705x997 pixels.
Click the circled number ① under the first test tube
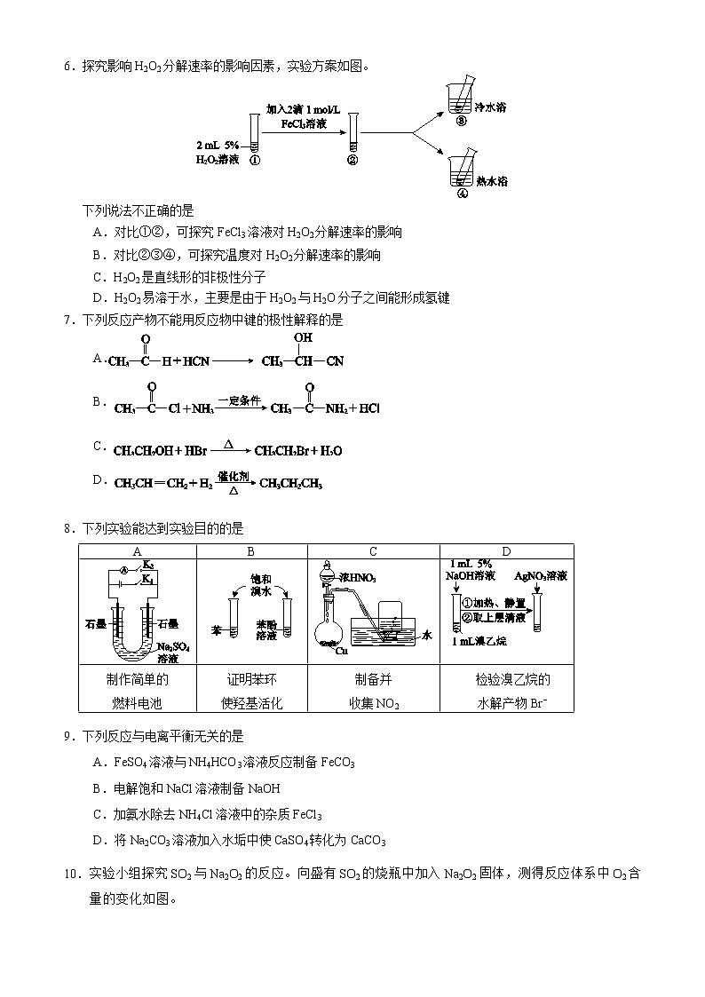tap(255, 161)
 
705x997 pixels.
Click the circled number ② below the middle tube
tap(352, 161)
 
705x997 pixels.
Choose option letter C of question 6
tap(98, 277)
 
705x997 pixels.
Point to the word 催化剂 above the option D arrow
tap(233, 476)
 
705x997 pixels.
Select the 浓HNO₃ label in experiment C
tap(359, 578)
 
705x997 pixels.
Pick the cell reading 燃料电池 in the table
tap(137, 702)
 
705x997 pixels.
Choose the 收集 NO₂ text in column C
tap(373, 703)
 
